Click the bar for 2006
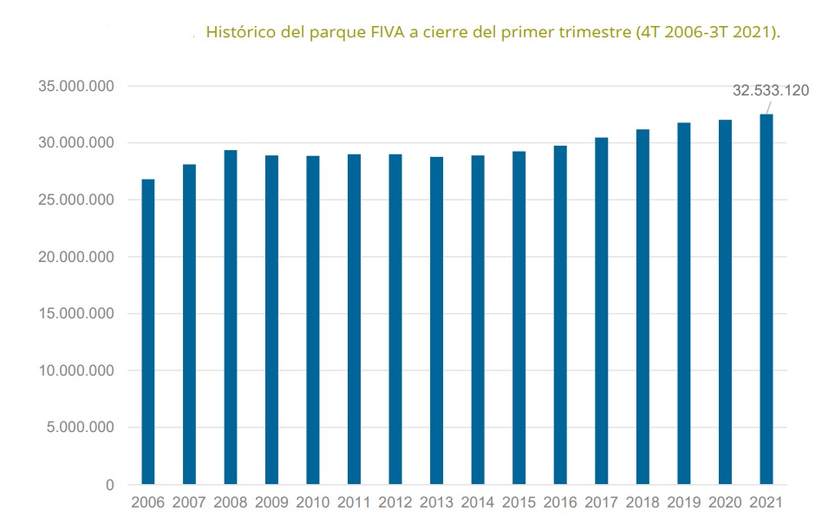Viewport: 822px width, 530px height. pos(148,331)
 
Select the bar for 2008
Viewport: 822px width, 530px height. pos(231,317)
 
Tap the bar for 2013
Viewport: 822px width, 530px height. pos(436,320)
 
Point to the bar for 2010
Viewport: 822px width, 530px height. pos(313,320)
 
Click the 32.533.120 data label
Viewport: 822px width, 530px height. pos(771,90)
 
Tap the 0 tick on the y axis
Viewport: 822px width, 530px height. pos(109,485)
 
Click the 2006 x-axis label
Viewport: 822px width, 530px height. pos(148,503)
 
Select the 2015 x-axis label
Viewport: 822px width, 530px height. pos(519,503)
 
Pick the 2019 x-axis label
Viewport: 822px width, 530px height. pos(683,503)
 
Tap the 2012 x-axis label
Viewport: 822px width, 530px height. pos(395,503)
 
